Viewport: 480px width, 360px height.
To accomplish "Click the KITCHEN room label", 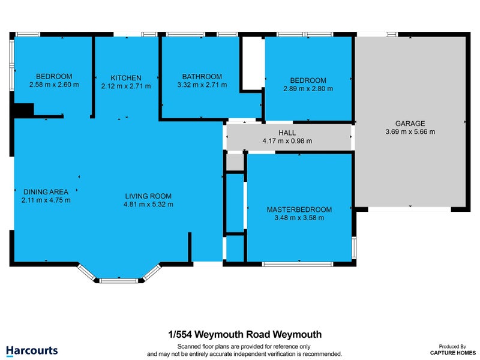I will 126,78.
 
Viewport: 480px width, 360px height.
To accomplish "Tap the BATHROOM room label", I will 202,77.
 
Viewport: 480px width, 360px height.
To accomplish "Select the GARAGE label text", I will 410,123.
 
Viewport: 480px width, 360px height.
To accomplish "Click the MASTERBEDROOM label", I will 299,209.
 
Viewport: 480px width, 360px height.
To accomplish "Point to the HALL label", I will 287,133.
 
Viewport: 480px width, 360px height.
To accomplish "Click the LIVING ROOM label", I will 148,196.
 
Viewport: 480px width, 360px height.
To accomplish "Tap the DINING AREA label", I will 42,192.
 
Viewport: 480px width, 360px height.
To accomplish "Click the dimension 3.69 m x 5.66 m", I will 410,131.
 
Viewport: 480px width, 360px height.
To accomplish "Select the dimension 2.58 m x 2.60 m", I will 54,85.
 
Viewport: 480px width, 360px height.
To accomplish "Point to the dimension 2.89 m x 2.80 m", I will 308,89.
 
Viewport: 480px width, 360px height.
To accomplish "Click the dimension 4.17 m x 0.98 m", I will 287,141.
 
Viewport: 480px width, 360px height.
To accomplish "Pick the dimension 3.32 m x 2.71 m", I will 202,85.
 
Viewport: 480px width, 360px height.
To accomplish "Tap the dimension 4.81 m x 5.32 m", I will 148,205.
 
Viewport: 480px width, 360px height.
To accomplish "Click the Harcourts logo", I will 32,350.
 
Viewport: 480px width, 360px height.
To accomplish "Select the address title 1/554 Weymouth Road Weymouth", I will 244,334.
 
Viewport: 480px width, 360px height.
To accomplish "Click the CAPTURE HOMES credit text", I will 449,353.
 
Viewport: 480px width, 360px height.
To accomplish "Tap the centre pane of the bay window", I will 118,280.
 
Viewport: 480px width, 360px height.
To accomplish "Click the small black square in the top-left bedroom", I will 24,110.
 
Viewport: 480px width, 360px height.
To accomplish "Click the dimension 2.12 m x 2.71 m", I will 126,86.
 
